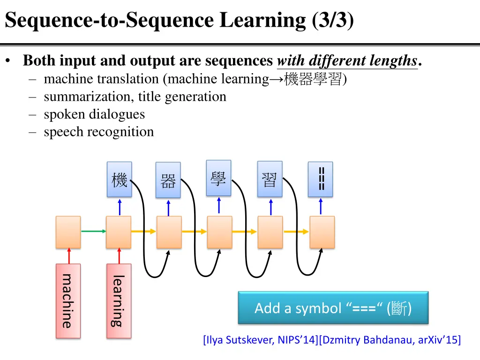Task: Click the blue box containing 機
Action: (x=119, y=180)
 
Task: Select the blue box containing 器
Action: (x=168, y=180)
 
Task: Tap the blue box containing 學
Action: (x=218, y=178)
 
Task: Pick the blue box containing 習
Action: (x=270, y=179)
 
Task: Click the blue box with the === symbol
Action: (x=321, y=179)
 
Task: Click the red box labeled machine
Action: (x=68, y=301)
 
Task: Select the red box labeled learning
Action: (x=119, y=301)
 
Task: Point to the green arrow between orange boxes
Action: (x=93, y=231)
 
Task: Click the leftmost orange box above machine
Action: (x=68, y=232)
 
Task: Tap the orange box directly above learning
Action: (x=119, y=232)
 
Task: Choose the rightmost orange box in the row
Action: (x=322, y=232)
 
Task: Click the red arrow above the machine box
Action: (x=68, y=256)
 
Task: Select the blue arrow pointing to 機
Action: (x=120, y=207)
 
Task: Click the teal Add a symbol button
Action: (x=333, y=308)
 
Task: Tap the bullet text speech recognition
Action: (x=98, y=132)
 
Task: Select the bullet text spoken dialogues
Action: (x=94, y=114)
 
